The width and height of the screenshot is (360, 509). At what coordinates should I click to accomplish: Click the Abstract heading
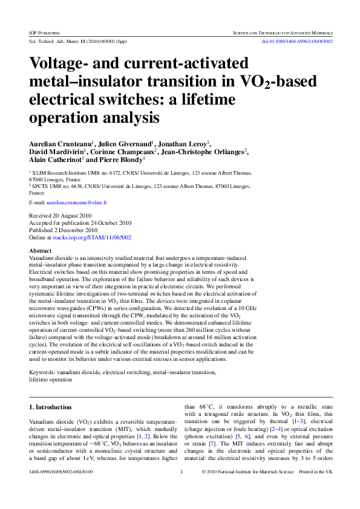tap(40, 250)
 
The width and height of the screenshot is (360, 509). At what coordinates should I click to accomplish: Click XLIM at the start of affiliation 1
tap(42, 173)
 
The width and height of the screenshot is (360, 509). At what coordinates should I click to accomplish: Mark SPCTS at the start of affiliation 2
tap(43, 187)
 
